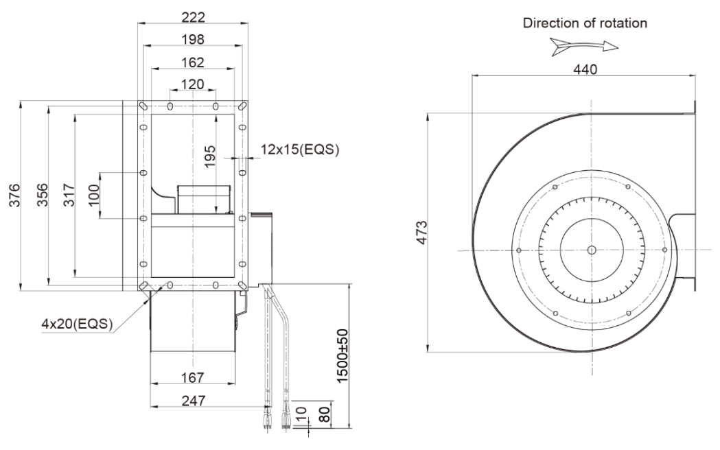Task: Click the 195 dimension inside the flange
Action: [x=209, y=156]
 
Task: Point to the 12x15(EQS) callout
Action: [x=300, y=149]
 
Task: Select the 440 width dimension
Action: [x=585, y=69]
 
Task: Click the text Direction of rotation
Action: [x=585, y=23]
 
